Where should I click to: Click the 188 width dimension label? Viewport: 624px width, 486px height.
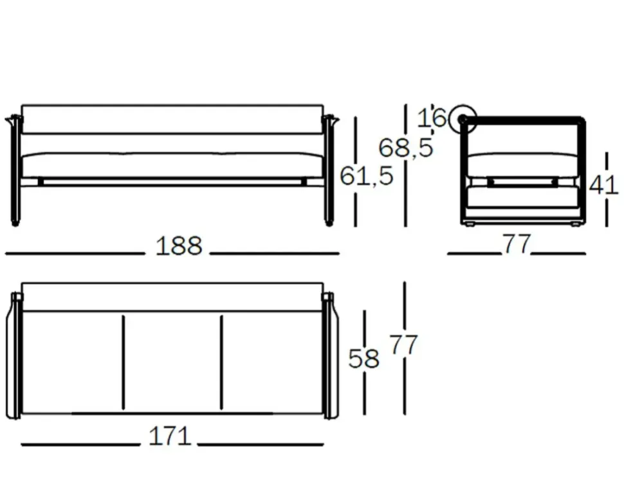click(x=179, y=246)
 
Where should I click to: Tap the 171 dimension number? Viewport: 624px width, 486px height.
click(x=170, y=436)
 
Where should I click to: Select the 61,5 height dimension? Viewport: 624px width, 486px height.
click(x=367, y=175)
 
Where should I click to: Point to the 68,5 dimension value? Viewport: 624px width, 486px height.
click(x=405, y=148)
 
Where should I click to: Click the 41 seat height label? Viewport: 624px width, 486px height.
click(x=603, y=184)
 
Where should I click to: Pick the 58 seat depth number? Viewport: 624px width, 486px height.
click(x=363, y=358)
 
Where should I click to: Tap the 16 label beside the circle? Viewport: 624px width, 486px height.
click(x=432, y=118)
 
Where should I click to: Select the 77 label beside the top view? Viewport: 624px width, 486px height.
click(x=403, y=345)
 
